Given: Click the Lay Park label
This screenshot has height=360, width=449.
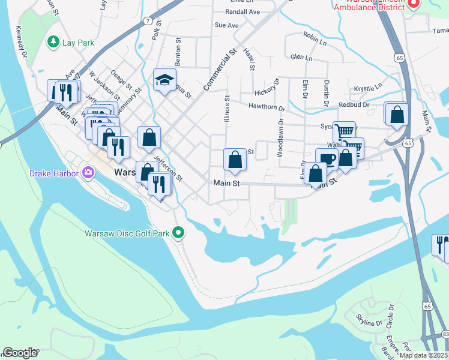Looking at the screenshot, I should click(x=79, y=43).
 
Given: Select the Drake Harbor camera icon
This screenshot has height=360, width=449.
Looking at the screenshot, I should click(x=89, y=173).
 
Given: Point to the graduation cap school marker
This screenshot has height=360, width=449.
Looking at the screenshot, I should click(x=164, y=80).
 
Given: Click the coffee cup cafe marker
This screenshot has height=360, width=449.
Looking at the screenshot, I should click(x=327, y=159).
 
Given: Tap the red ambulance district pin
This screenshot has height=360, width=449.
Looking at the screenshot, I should click(x=413, y=4).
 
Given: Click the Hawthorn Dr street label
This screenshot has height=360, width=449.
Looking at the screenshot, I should click(x=267, y=107).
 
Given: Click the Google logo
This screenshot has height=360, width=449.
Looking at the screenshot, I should click(x=20, y=353).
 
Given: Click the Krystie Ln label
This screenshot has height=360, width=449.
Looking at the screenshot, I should click(x=368, y=88).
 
